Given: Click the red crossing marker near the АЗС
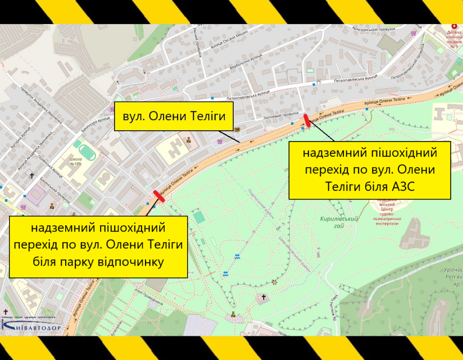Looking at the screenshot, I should pyautogui.click(x=307, y=119).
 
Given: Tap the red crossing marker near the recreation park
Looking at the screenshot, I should pyautogui.click(x=159, y=195).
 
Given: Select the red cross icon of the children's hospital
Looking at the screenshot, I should pyautogui.click(x=455, y=26).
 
